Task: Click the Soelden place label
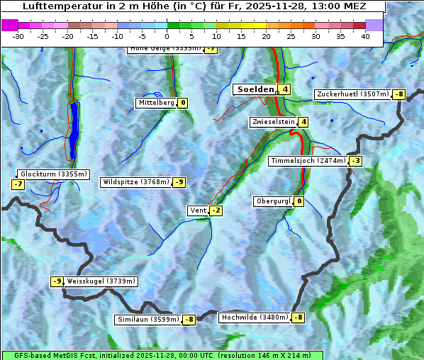coord(255,89)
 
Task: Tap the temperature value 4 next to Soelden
coord(284,89)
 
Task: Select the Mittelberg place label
coord(156,103)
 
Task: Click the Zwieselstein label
coord(273,122)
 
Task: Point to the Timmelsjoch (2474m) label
coord(308,161)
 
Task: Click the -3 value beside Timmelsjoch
coord(355,161)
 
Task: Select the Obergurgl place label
coord(273,201)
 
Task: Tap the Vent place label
coord(198,210)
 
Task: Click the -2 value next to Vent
coord(216,210)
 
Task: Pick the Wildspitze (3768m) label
coord(136,182)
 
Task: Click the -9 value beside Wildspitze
coord(179,182)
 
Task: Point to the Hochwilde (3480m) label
coord(255,317)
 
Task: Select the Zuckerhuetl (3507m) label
coord(352,94)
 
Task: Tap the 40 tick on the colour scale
coord(365,36)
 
